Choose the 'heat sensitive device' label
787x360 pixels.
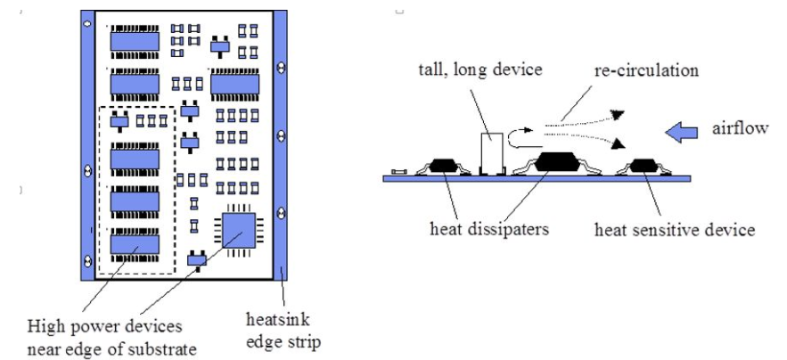(x=675, y=230)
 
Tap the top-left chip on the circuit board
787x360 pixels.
(x=134, y=40)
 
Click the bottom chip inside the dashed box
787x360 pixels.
(x=134, y=242)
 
